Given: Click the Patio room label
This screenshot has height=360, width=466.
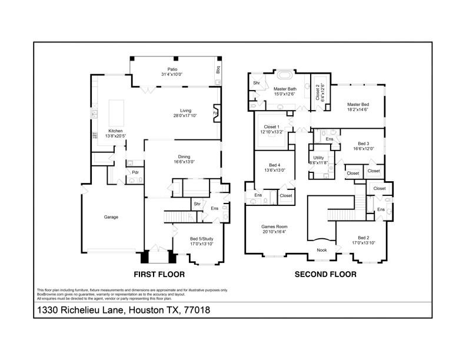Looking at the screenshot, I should [x=172, y=69].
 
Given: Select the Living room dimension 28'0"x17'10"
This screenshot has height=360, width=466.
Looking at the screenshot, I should [x=186, y=116].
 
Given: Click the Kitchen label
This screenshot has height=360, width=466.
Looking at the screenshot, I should [x=115, y=131].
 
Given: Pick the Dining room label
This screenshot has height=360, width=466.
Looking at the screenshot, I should [x=184, y=156].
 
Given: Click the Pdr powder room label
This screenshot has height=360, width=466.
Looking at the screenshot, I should [x=135, y=172].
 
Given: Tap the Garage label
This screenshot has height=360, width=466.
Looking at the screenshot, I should [x=111, y=217].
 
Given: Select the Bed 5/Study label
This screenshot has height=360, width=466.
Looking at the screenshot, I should [x=202, y=239].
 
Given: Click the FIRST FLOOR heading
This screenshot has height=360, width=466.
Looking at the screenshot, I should [x=159, y=274].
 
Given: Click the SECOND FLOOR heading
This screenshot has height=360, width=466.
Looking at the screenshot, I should [x=325, y=274].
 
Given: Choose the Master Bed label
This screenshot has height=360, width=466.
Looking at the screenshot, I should [x=358, y=104].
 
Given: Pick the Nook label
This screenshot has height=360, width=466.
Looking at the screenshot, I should [x=321, y=250].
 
